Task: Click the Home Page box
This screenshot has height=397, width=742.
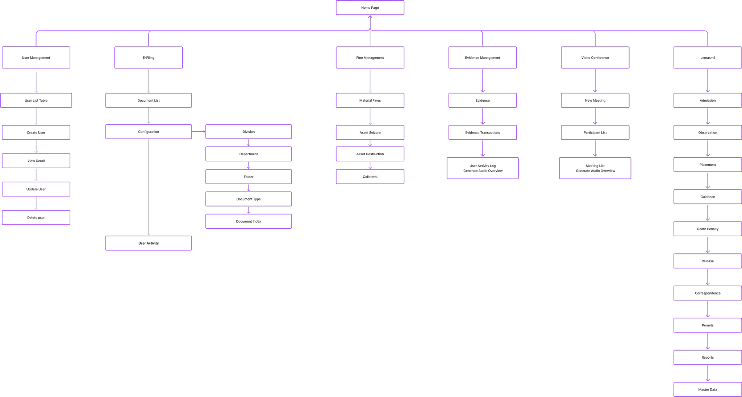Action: pyautogui.click(x=370, y=8)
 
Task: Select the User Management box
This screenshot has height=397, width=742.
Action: pyautogui.click(x=36, y=58)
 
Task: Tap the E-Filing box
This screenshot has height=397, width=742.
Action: pyautogui.click(x=149, y=58)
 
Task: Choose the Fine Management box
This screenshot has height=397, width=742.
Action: pyautogui.click(x=370, y=58)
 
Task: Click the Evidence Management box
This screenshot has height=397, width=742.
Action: pyautogui.click(x=483, y=58)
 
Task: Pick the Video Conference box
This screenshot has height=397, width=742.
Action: pyautogui.click(x=595, y=58)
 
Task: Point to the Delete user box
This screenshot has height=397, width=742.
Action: pyautogui.click(x=36, y=217)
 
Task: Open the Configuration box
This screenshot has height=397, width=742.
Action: pyautogui.click(x=149, y=132)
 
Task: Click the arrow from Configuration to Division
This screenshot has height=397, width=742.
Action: pyautogui.click(x=199, y=132)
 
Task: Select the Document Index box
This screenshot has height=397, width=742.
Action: pyautogui.click(x=249, y=221)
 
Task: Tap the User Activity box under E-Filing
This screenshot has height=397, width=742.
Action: pyautogui.click(x=149, y=243)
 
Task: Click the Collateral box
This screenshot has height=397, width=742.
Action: pyautogui.click(x=370, y=177)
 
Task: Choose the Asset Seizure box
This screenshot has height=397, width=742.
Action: pyautogui.click(x=370, y=132)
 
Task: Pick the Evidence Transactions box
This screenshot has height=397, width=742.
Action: pyautogui.click(x=483, y=132)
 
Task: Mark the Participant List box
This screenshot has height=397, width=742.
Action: pyautogui.click(x=595, y=132)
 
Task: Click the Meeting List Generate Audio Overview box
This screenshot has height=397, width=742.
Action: pyautogui.click(x=595, y=168)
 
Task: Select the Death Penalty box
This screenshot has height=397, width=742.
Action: pyautogui.click(x=708, y=229)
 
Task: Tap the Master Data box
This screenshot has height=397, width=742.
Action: pyautogui.click(x=708, y=389)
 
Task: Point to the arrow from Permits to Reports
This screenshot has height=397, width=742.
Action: pyautogui.click(x=708, y=341)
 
